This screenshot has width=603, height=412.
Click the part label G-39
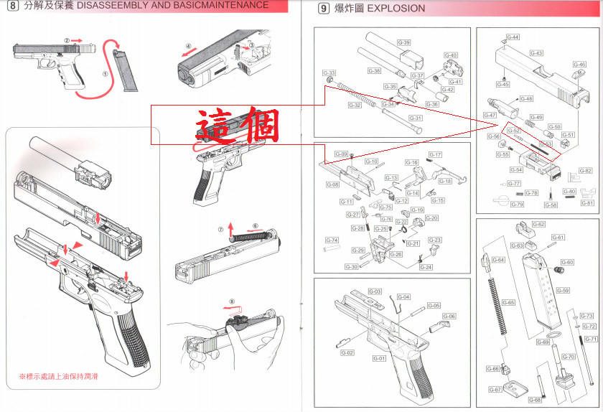[404, 43]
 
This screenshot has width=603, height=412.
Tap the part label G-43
[536, 53]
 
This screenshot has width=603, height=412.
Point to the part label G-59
[563, 291]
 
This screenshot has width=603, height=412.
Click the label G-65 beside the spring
[508, 303]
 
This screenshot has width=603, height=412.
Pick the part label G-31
[416, 118]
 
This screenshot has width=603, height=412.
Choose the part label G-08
[332, 184]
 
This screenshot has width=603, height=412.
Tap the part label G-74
[332, 240]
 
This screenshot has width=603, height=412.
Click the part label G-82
[585, 171]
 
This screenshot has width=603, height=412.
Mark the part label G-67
[495, 390]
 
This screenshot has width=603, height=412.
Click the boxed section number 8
[12, 6]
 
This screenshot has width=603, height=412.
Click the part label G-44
[513, 37]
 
